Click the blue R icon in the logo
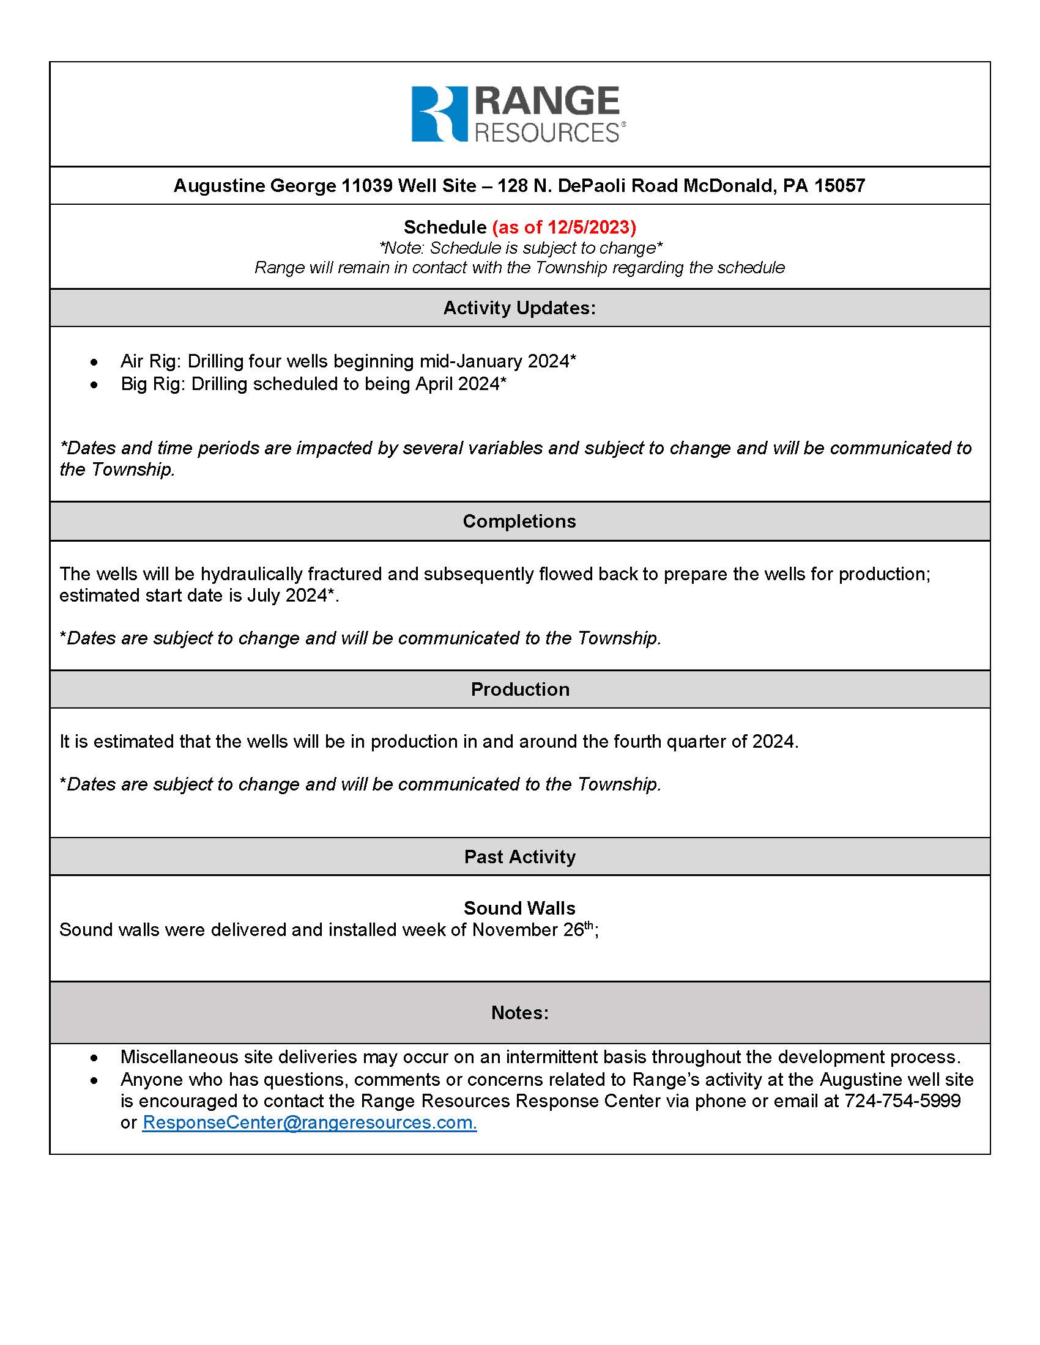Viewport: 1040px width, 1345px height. point(439,114)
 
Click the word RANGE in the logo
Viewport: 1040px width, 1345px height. point(546,101)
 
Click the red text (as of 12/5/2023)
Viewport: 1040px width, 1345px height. point(564,227)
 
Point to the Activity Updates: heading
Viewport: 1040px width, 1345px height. point(519,308)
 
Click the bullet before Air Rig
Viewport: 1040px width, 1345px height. point(94,362)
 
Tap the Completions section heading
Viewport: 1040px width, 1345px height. point(519,521)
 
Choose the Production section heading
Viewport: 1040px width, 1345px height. point(519,689)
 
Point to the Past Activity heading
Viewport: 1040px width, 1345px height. point(519,857)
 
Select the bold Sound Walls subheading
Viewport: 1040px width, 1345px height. point(519,908)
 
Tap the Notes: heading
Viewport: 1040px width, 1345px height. point(519,1012)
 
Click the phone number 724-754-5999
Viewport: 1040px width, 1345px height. point(902,1100)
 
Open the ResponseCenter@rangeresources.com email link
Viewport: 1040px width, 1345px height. point(310,1122)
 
